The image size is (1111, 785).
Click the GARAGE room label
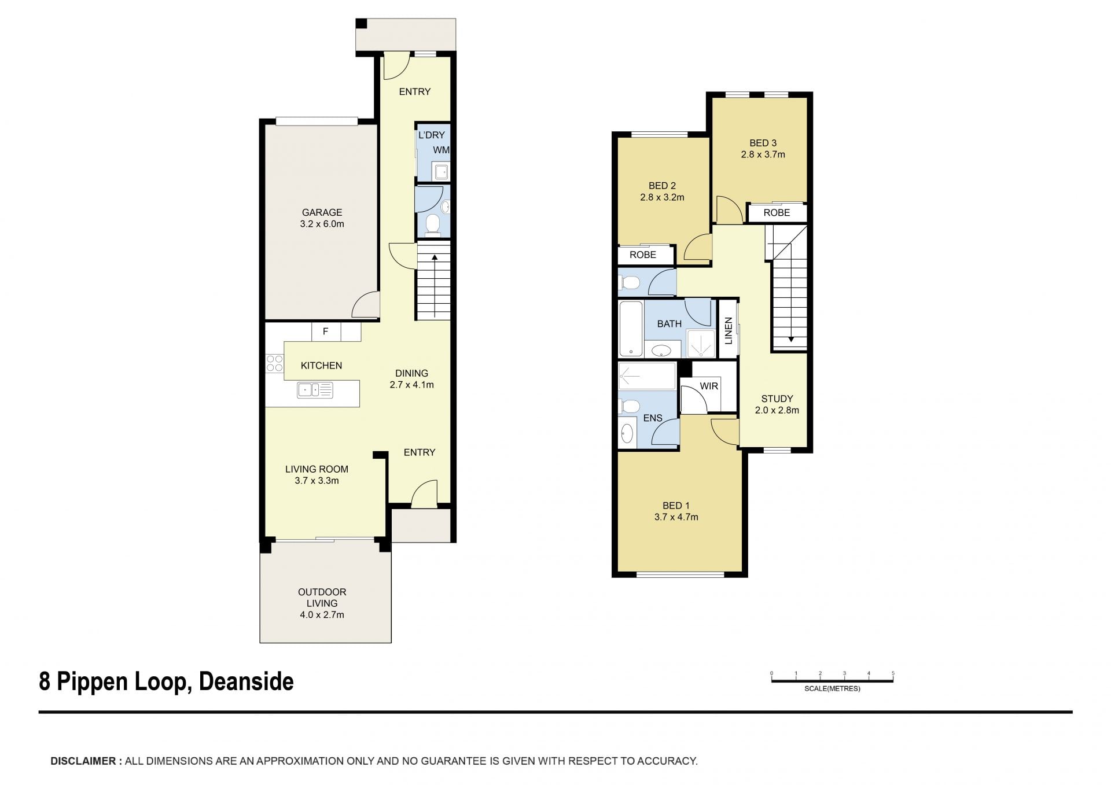click(x=322, y=212)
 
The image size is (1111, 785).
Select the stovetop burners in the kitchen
click(x=274, y=363)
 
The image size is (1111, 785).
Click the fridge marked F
click(x=325, y=331)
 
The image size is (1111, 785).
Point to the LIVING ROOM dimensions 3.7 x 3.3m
click(x=317, y=481)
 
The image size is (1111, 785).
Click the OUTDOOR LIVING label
click(x=322, y=598)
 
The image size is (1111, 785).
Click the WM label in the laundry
click(x=441, y=150)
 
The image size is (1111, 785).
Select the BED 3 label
click(x=763, y=143)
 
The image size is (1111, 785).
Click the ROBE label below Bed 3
click(x=777, y=213)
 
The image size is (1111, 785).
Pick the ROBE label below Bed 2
click(x=643, y=255)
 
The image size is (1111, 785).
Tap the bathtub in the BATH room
click(x=631, y=328)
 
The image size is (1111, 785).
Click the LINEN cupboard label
click(x=729, y=331)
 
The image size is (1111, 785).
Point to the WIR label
click(x=709, y=386)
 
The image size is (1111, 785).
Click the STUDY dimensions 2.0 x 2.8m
click(x=777, y=410)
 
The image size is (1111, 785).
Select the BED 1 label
click(x=676, y=506)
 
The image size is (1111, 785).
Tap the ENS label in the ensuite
click(x=653, y=418)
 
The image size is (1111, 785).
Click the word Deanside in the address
click(x=246, y=681)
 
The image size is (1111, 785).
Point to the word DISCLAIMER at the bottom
click(x=83, y=761)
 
